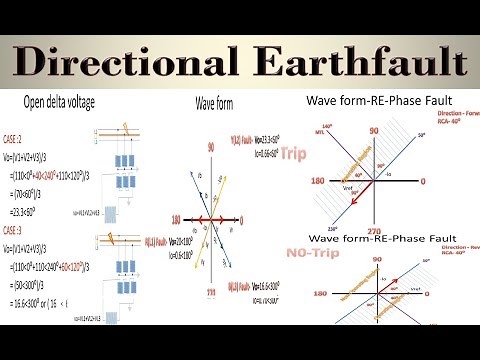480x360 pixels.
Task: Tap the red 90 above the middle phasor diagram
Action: (x=211, y=146)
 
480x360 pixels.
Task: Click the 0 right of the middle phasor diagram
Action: (x=243, y=219)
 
